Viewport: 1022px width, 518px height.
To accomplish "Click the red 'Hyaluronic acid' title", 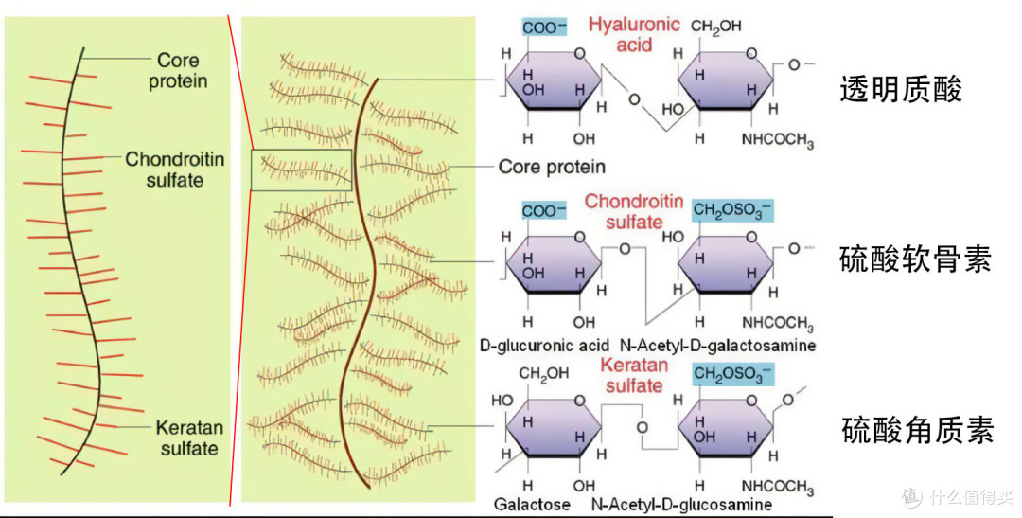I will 633,33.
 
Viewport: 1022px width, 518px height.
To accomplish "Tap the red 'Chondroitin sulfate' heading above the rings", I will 633,211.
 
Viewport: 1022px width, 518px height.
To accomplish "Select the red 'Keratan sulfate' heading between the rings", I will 633,375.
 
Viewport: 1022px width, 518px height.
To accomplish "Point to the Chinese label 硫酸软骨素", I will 915,259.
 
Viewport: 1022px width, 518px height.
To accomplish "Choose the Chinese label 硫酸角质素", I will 917,432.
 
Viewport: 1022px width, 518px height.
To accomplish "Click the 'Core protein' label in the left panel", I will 177,71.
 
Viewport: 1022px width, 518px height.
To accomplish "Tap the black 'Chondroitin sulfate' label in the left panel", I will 175,169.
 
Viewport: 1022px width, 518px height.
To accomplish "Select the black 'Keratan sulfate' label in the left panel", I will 188,438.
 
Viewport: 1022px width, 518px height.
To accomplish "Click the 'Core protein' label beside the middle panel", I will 552,167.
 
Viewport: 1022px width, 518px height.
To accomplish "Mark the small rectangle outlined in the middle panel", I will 301,170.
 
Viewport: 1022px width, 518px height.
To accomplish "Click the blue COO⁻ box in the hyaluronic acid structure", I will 543,27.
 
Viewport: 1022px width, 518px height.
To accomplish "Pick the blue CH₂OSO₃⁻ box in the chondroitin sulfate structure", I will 732,209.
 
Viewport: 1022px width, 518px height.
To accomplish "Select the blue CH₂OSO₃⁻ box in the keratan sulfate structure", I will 732,374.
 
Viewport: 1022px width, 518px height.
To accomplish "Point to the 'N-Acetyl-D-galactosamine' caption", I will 717,346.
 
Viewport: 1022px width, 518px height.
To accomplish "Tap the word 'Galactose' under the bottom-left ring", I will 532,504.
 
